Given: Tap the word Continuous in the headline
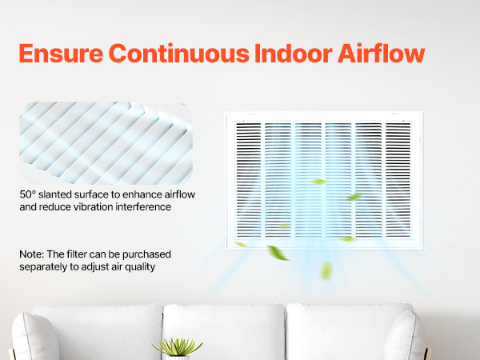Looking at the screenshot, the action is [x=179, y=54].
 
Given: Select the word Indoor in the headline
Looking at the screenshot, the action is [x=294, y=54].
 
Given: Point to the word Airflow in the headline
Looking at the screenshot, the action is [x=381, y=54].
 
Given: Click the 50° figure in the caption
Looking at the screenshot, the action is [x=28, y=194].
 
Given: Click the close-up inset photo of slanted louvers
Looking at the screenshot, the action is [x=106, y=143].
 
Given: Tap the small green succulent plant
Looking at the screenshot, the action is [x=178, y=347].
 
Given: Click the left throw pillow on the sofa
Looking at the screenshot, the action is [x=34, y=337].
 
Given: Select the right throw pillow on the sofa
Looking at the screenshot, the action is [x=405, y=337].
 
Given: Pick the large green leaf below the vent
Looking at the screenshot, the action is [x=277, y=254].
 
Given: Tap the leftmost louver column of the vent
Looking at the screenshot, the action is [x=249, y=180].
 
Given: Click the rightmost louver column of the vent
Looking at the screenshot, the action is [x=398, y=180].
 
